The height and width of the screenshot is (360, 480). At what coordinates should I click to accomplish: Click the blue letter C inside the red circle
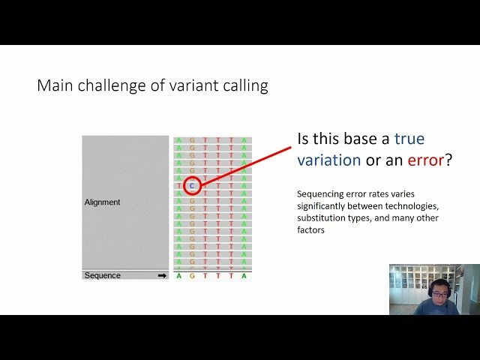[x=192, y=185]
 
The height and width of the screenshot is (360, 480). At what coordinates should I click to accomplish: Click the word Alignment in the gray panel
[x=102, y=202]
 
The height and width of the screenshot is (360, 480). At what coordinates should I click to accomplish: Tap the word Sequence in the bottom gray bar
[x=103, y=275]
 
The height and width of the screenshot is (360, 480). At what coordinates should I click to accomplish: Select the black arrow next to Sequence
[x=161, y=275]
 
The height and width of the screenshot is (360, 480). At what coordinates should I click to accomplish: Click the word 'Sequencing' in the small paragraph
[x=319, y=194]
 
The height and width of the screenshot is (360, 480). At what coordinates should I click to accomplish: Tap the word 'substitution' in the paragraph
[x=320, y=218]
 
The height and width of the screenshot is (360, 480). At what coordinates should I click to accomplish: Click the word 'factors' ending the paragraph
[x=311, y=230]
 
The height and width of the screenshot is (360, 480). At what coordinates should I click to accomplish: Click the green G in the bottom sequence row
[x=192, y=276]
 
